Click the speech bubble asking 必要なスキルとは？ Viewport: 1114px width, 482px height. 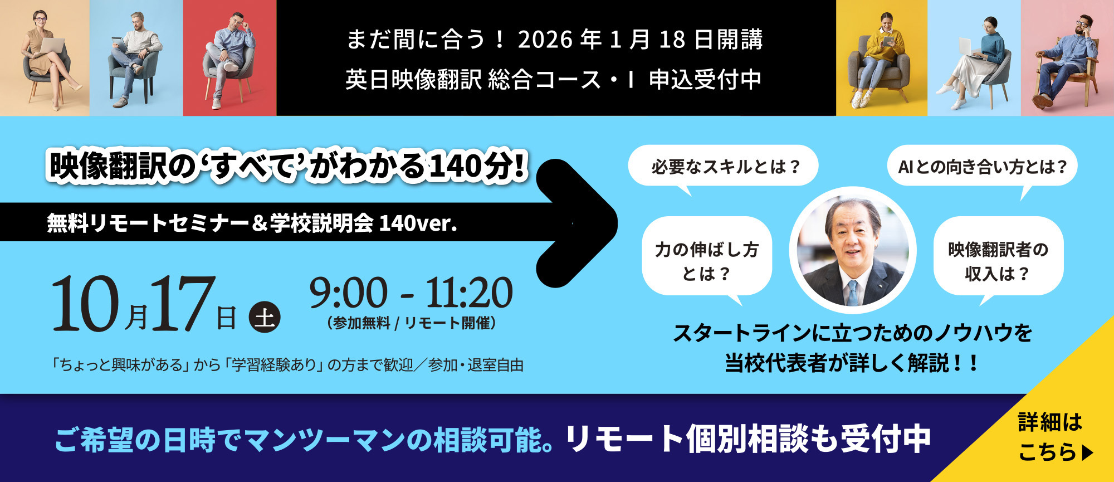[723, 166]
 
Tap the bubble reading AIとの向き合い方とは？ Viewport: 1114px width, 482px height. [982, 166]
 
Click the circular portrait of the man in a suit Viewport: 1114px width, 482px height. [852, 250]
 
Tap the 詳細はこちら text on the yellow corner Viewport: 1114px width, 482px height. [1053, 437]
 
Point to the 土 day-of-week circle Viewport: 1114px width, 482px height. [265, 317]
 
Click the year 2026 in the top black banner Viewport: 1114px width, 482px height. [545, 40]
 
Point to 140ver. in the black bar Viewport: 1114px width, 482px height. [418, 223]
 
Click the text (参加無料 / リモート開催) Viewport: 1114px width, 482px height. [412, 323]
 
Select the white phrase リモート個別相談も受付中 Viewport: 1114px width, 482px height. [748, 439]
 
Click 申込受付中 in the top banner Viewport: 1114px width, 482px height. [705, 80]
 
